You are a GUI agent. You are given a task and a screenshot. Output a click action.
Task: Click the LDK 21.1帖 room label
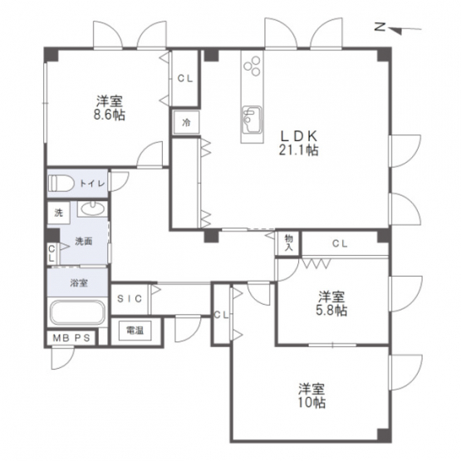pos(298,143)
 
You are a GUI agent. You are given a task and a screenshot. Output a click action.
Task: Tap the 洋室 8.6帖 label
pos(110,108)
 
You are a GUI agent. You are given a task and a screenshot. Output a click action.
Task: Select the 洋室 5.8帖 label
pos(331,304)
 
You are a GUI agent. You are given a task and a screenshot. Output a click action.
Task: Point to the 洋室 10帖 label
pos(311,395)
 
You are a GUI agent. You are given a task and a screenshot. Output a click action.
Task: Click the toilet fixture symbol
pos(61,184)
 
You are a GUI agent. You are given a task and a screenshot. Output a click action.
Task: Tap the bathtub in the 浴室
pos(77,312)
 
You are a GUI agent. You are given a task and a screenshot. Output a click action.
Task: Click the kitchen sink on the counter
pos(252,120)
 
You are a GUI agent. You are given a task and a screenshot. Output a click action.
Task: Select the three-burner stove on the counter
pos(252,66)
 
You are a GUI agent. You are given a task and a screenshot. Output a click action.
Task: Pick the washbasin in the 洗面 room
pos(92,208)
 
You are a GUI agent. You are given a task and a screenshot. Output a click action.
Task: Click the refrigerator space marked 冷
pos(186,122)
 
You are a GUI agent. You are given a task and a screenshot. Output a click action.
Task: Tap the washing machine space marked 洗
pos(59,213)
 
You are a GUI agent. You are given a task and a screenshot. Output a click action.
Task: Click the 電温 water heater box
pos(135,331)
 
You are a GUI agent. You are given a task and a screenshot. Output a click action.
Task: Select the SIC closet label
pos(130,299)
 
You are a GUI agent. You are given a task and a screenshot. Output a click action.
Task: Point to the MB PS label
pos(71,338)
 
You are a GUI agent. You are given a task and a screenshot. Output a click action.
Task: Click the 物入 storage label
pos(289,243)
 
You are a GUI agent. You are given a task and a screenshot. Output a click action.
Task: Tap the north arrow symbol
pos(399,29)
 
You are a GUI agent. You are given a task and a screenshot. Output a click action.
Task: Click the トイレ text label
pos(92,184)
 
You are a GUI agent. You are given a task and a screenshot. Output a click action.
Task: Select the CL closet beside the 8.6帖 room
pos(185,79)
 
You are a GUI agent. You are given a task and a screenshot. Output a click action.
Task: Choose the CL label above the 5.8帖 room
pos(341,243)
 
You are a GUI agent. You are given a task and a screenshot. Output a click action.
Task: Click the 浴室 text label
pos(79,283)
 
